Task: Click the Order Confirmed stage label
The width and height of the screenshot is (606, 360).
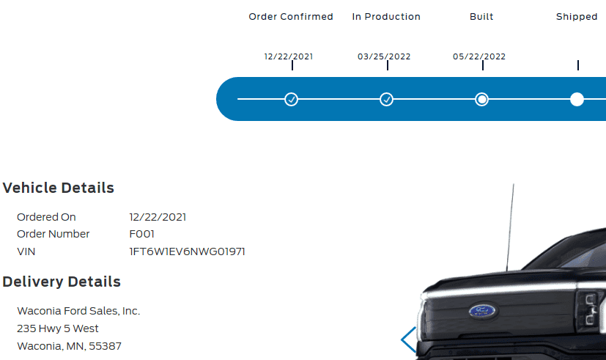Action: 291,17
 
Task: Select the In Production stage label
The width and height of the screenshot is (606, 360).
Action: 386,17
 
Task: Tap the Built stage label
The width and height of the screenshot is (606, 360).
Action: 481,17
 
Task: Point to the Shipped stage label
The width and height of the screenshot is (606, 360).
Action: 577,17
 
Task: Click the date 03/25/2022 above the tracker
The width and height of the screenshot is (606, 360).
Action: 384,56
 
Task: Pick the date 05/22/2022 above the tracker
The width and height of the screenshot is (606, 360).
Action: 479,56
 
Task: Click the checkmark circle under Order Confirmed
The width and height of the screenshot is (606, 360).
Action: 291,99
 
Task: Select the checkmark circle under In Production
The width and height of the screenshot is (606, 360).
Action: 386,99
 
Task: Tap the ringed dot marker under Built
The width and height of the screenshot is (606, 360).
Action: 481,99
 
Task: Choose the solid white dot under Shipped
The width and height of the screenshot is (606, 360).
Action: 577,99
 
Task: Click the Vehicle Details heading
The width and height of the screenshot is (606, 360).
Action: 59,188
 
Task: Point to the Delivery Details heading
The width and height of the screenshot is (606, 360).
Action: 62,282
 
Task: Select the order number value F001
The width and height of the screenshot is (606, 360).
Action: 141,234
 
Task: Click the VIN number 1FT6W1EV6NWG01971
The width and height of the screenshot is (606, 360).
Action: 187,251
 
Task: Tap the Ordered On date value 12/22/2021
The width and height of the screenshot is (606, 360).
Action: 158,217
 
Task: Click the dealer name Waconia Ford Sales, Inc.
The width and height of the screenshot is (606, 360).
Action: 78,311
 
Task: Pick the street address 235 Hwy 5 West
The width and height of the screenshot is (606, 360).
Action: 58,328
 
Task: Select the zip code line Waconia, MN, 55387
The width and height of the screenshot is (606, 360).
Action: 69,345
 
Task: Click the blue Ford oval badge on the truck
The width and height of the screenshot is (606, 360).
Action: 484,311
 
